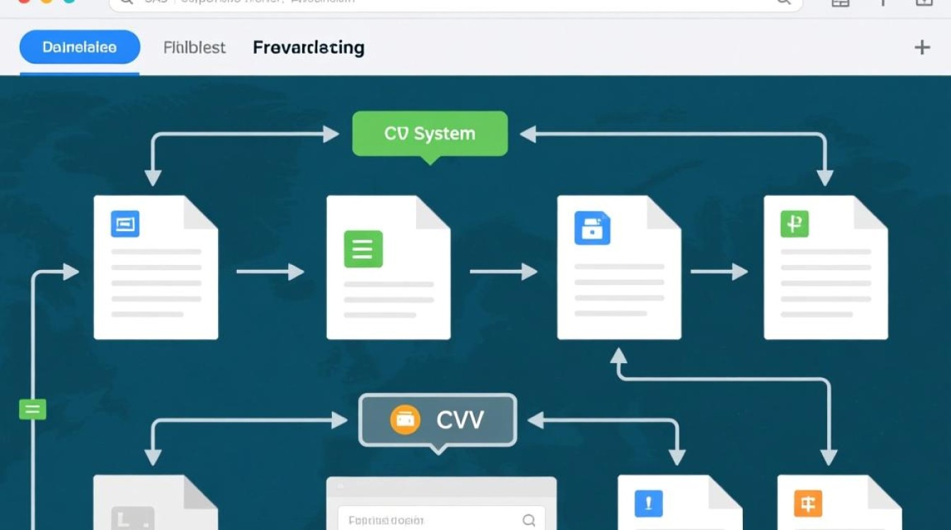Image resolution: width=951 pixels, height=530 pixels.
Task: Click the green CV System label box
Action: pyautogui.click(x=430, y=134)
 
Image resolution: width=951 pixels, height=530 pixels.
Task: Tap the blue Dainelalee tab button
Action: pyautogui.click(x=79, y=48)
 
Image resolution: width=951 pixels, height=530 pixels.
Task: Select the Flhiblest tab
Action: pyautogui.click(x=194, y=48)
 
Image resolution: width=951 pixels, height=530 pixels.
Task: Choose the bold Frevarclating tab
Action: pyautogui.click(x=309, y=48)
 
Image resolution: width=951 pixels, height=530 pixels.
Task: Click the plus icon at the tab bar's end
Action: pyautogui.click(x=922, y=47)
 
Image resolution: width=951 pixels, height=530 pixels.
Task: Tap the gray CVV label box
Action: pyautogui.click(x=438, y=420)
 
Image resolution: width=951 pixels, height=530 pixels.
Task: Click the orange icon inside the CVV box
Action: pyautogui.click(x=405, y=420)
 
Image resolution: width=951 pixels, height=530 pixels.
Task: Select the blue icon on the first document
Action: pyautogui.click(x=125, y=224)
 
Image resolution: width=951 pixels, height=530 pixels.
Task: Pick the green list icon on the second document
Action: pyautogui.click(x=363, y=249)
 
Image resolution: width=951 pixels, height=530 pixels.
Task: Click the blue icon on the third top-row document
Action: pyautogui.click(x=592, y=228)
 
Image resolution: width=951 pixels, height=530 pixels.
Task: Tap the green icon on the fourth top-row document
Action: pyautogui.click(x=794, y=224)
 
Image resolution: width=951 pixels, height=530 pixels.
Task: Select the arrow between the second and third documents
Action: pyautogui.click(x=503, y=271)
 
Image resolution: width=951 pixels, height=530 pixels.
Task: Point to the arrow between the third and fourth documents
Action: pyautogui.click(x=719, y=271)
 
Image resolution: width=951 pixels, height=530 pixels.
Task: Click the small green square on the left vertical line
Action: pyautogui.click(x=33, y=409)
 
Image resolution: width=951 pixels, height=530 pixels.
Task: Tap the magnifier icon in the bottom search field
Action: pyautogui.click(x=529, y=521)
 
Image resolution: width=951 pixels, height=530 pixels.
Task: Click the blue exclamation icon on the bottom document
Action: pyautogui.click(x=648, y=504)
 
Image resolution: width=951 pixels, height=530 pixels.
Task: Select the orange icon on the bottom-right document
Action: pyautogui.click(x=808, y=504)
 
